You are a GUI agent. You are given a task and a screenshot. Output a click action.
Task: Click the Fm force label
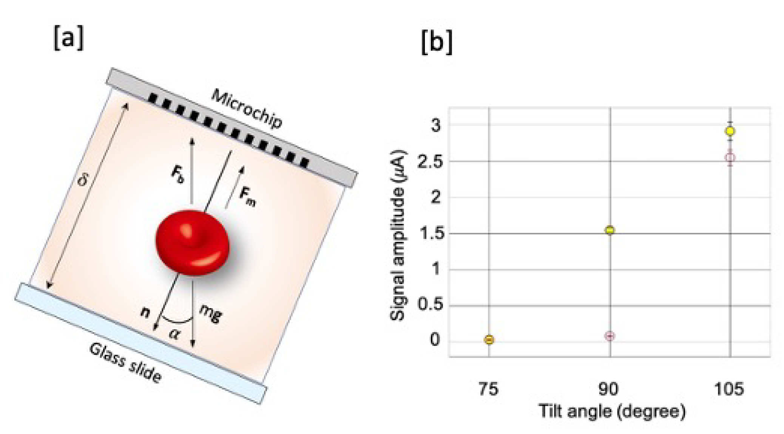point(247,197)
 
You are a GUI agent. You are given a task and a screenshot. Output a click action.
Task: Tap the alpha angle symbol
point(174,333)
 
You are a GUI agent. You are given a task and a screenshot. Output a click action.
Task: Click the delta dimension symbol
point(82,181)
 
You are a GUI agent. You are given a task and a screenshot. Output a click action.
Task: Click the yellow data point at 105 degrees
point(730,131)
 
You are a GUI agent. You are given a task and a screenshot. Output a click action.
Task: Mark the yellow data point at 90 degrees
point(610,230)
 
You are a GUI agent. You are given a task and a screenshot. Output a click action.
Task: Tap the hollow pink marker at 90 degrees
point(610,336)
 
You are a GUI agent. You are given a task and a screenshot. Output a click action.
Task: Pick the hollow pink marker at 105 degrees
point(730,157)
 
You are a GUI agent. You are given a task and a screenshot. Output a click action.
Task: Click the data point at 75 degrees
point(489,340)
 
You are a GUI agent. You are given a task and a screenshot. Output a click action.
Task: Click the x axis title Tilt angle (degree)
point(612,411)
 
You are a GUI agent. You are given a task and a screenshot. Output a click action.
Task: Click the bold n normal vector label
point(145,312)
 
